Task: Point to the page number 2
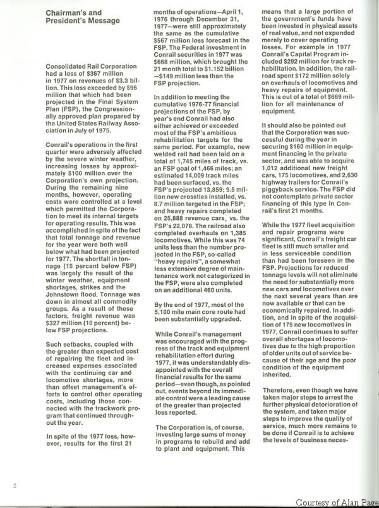click(x=14, y=485)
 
